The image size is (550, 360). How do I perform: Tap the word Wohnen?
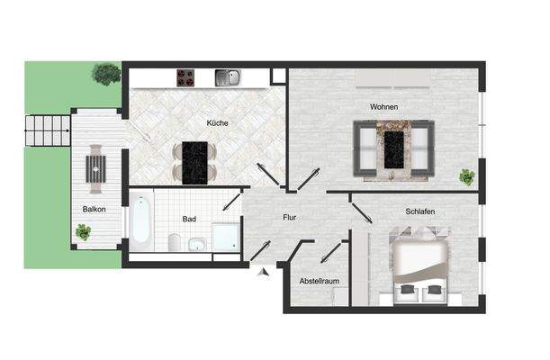(383, 107)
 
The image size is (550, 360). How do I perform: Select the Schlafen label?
(419, 211)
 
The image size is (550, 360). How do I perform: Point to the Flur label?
(289, 217)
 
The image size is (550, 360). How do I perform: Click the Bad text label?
(189, 218)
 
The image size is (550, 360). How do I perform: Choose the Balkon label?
(94, 210)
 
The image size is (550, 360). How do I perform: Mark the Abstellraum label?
(319, 281)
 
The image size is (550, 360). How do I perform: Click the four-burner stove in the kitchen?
(186, 77)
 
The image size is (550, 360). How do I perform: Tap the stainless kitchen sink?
(227, 77)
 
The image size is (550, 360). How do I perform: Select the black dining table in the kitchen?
(195, 162)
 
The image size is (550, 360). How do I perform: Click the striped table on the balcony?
(95, 166)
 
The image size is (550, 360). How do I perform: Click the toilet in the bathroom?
(175, 241)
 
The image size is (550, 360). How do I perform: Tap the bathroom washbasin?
(196, 244)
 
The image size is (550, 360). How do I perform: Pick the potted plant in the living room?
(466, 176)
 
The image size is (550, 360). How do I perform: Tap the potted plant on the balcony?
(84, 233)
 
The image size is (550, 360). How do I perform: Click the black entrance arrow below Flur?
(262, 271)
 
